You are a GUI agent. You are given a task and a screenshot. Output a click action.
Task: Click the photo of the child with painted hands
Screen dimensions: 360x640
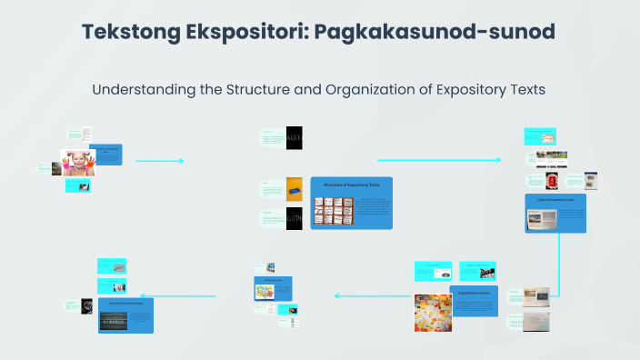coord(78,162)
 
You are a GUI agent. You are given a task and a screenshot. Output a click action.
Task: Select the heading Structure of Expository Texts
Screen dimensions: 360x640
coord(351,185)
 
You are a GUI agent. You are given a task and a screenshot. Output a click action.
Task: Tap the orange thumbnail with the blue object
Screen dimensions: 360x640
coord(295,188)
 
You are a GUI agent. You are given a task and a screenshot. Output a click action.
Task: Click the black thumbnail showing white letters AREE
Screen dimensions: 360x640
coord(295,136)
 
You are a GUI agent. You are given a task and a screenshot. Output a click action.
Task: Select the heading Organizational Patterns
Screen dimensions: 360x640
coord(474,294)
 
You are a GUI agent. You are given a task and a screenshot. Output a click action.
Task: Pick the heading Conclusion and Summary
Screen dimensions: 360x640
coord(125,302)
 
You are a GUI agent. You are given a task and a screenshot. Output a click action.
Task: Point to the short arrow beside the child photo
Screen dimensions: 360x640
coord(160,161)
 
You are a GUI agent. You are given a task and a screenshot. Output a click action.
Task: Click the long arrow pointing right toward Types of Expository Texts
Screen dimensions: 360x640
coord(438,160)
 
